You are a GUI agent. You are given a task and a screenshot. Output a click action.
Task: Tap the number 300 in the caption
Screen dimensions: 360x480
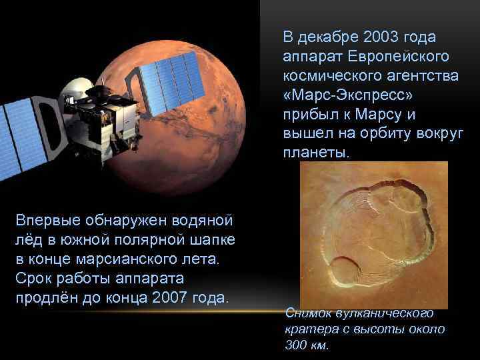coord(297,345)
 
